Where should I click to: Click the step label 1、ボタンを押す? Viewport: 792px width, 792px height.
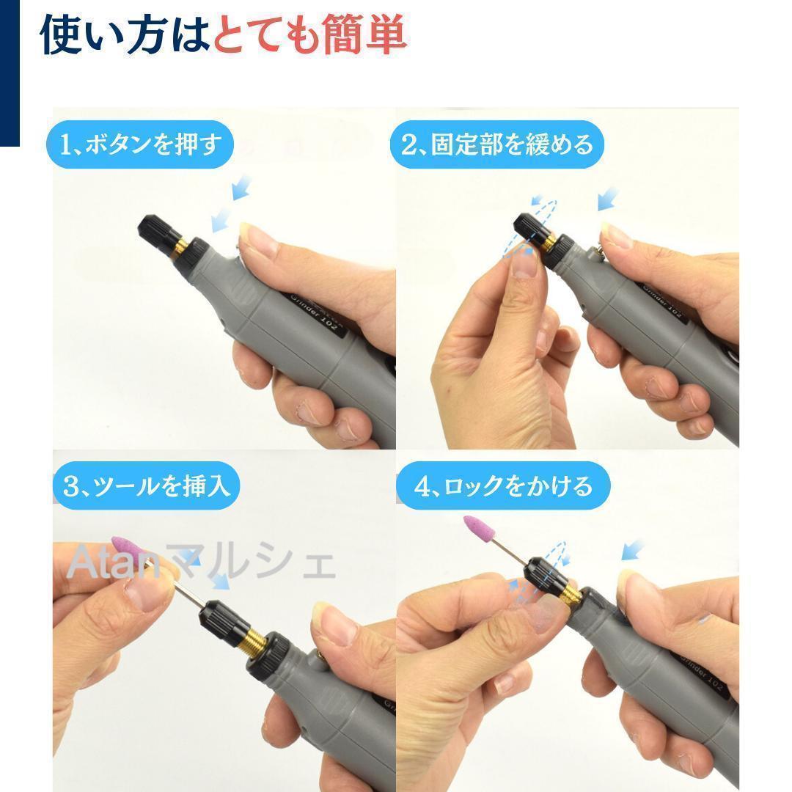pos(140,144)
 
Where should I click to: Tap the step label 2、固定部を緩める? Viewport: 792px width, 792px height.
pos(497,144)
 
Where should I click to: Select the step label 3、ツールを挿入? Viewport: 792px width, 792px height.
pos(147,485)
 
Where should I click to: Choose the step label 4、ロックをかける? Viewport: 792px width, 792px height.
pos(503,486)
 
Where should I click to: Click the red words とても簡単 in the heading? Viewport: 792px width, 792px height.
pos(309,34)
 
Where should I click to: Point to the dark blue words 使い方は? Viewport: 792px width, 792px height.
pos(125,34)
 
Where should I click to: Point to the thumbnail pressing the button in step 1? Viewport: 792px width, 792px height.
pos(258,237)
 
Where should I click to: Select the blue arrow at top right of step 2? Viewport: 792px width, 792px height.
pos(608,198)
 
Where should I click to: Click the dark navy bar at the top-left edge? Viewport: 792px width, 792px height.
pos(10,73)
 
